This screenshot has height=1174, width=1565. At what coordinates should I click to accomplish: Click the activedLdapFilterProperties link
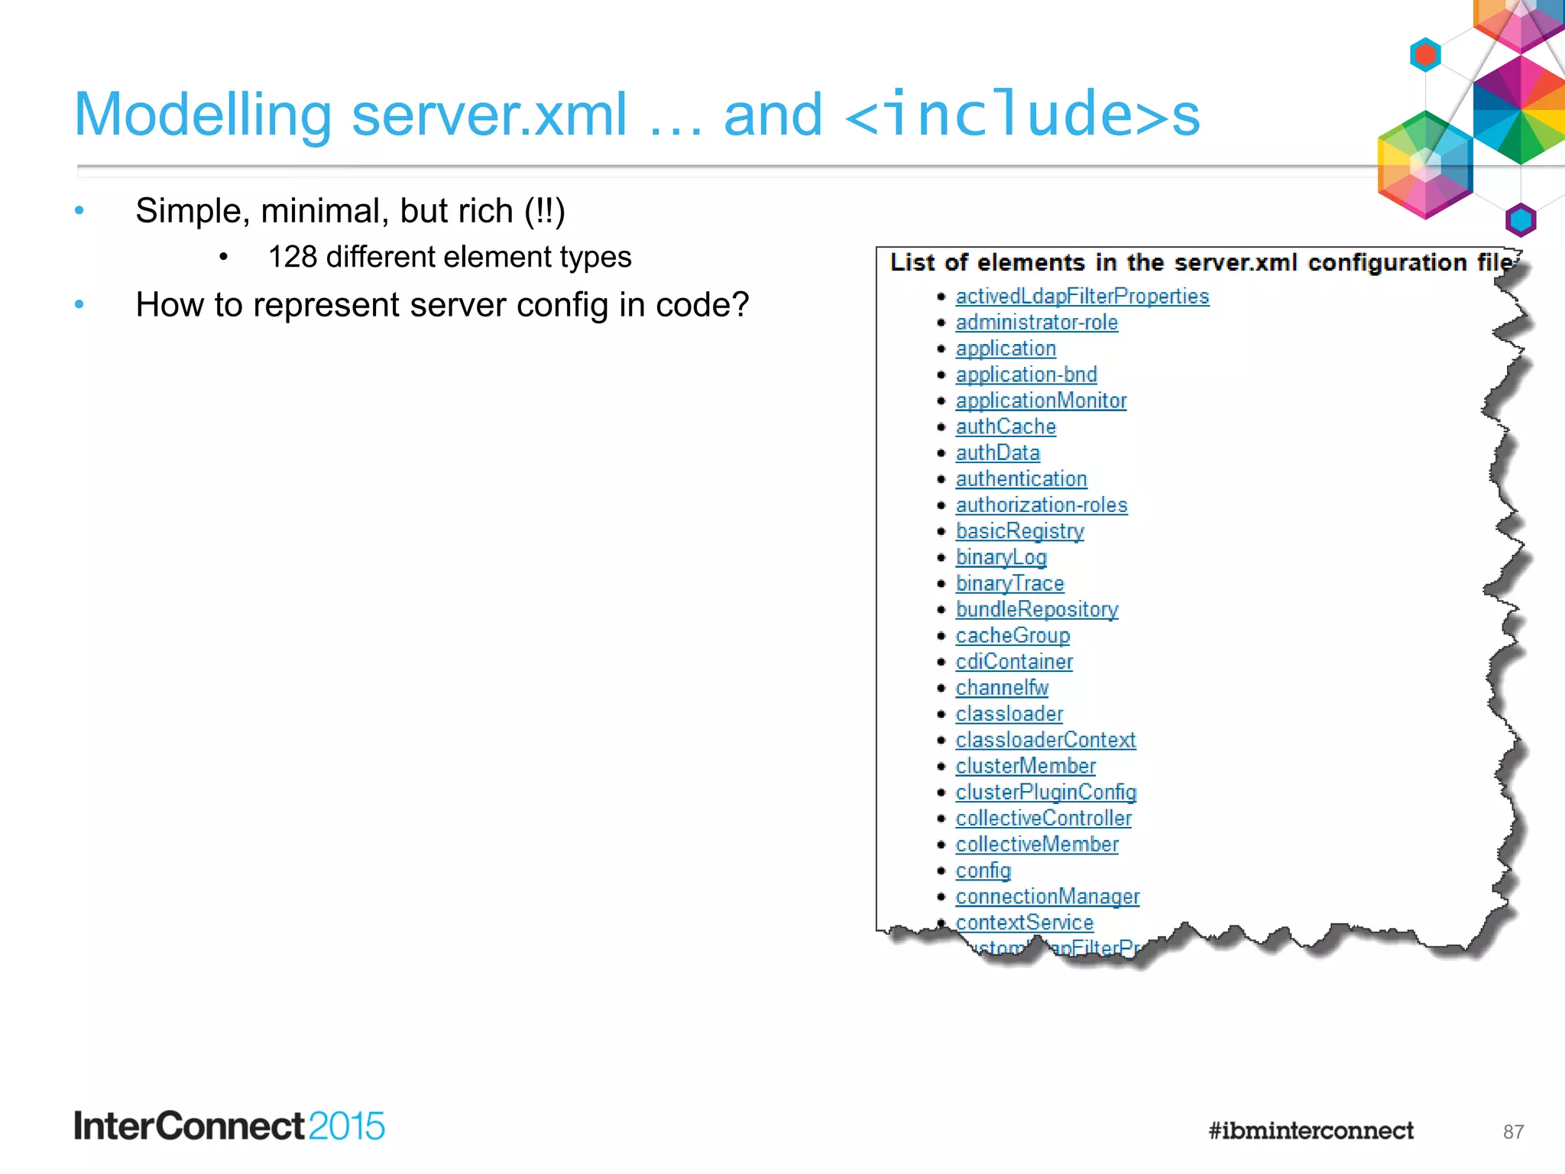click(x=1082, y=297)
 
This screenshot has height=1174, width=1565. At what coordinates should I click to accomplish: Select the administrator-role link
click(x=1036, y=323)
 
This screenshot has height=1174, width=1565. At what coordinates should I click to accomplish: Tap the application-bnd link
click(x=1026, y=375)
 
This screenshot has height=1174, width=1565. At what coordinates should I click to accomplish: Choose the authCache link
click(x=1006, y=426)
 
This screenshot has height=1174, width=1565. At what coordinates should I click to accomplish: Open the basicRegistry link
click(x=1019, y=531)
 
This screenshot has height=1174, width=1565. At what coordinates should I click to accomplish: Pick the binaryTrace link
click(x=1009, y=583)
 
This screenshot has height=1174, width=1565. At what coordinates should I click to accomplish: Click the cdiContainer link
click(x=1014, y=662)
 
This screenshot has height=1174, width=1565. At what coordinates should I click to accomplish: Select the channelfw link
click(x=1002, y=688)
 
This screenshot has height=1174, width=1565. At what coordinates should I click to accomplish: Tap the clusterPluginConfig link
click(x=1045, y=792)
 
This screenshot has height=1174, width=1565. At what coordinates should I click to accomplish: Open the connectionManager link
click(x=1047, y=897)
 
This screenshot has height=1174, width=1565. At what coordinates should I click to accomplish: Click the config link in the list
click(x=983, y=871)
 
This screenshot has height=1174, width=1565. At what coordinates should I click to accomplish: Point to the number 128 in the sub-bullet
click(x=292, y=258)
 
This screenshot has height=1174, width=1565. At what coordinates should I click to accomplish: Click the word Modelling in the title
click(x=203, y=115)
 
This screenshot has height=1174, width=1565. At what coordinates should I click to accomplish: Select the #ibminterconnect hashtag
click(x=1311, y=1130)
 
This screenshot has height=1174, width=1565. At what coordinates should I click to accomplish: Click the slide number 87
click(x=1513, y=1132)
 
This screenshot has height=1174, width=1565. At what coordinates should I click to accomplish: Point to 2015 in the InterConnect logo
click(x=347, y=1127)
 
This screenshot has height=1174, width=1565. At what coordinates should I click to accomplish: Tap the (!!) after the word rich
click(x=544, y=212)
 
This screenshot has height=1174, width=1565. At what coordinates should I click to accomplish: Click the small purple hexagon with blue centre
click(x=1520, y=221)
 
